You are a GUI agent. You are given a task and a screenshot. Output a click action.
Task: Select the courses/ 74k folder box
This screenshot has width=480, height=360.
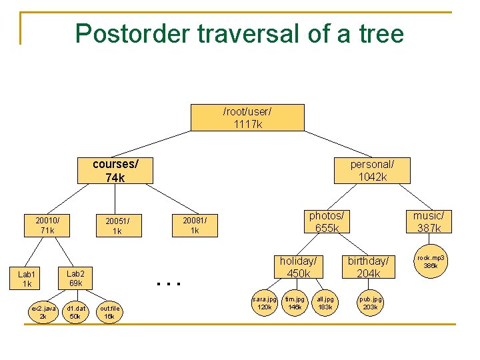pos(115,170)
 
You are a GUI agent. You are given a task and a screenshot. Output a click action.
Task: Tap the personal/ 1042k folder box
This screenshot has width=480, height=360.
pos(372,170)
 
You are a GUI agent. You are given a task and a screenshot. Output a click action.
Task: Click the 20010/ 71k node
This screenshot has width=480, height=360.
pos(47,225)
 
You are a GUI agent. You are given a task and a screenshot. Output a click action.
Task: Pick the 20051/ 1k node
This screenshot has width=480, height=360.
pos(117,226)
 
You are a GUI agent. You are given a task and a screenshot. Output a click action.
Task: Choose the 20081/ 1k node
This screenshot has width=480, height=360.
pos(195,225)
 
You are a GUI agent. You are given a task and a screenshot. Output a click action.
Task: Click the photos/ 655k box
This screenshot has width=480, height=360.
pos(327,222)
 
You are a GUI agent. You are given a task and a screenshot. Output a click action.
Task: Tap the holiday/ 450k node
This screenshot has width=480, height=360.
pos(298,267)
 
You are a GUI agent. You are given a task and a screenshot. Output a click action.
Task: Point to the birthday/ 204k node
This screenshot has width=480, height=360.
pos(368,267)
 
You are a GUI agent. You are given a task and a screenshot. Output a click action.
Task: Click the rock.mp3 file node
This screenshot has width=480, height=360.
pos(431,261)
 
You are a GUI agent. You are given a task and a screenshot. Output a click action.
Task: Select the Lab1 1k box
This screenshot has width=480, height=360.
pos(27,279)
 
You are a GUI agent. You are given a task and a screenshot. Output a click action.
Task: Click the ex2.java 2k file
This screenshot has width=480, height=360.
pos(43,312)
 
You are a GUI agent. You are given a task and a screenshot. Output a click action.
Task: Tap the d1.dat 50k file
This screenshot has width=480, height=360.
pos(75,312)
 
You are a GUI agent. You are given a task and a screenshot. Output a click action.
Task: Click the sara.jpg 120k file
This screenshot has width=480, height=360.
pos(265,303)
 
